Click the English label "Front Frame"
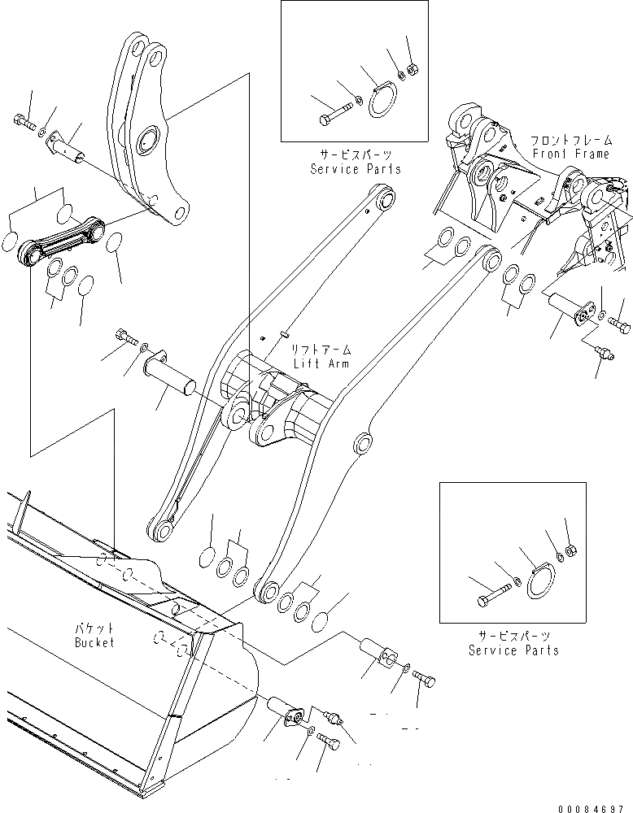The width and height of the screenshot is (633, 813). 570,154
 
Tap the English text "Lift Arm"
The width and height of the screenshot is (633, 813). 322,363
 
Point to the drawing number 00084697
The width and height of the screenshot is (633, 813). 594,807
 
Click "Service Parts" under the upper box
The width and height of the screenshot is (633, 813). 356,169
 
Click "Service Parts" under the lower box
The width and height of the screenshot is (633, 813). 513,650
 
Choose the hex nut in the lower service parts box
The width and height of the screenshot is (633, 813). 570,550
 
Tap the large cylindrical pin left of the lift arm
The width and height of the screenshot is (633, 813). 169,376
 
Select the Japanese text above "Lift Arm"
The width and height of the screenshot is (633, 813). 322,350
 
